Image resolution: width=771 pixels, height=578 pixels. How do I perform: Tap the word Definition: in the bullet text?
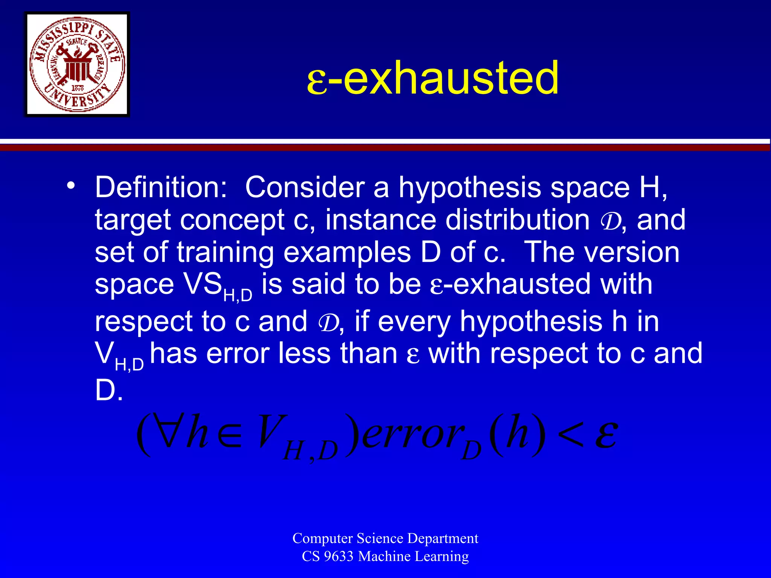coord(161,187)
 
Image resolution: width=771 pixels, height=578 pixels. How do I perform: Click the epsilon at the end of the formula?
coord(606,435)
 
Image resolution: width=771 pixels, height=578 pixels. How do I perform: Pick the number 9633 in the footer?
coord(338,557)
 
